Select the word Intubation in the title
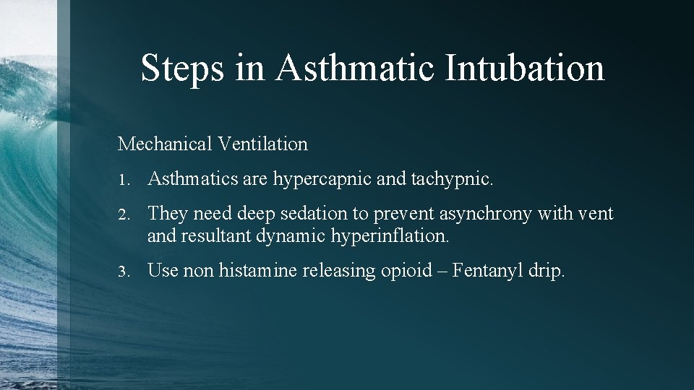pos(525,68)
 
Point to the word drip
pos(549,272)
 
